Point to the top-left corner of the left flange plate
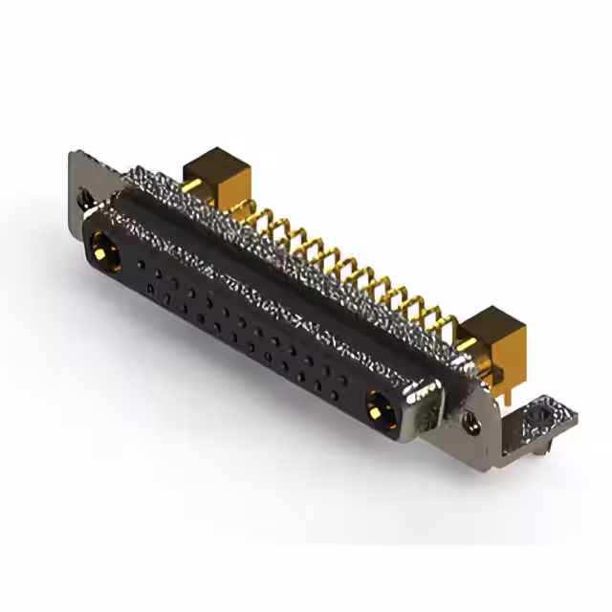(73, 153)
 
